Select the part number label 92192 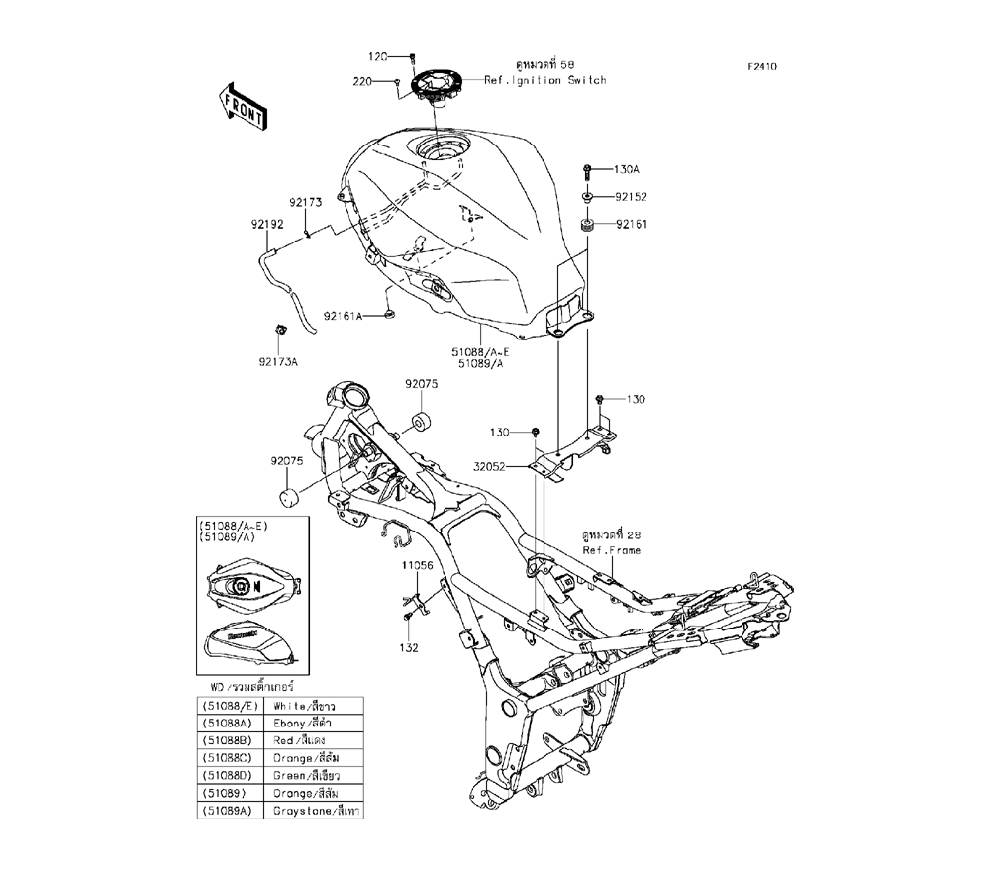point(266,224)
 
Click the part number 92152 point(630,197)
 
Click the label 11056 point(417,566)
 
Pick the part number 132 point(409,648)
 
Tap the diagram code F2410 point(762,67)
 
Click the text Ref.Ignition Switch point(544,80)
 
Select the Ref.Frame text point(612,550)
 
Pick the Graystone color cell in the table point(317,811)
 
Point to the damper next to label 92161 point(586,226)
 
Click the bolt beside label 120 point(412,56)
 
